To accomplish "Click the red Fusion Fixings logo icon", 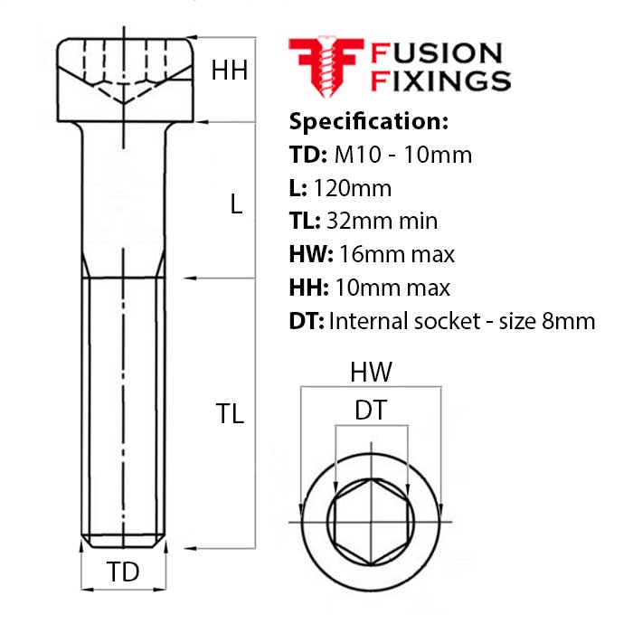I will point(325,66).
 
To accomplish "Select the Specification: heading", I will point(368,121).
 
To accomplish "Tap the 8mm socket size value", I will point(573,320).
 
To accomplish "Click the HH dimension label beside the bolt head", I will point(230,71).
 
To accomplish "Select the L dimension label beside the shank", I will point(236,204).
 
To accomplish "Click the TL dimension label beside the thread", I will point(230,414).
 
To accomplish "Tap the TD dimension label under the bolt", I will point(123,572).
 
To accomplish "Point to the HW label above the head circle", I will point(371,372).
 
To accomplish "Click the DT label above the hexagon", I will point(371,411).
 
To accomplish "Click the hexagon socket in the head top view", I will point(370,522).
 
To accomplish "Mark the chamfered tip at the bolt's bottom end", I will point(123,542).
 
